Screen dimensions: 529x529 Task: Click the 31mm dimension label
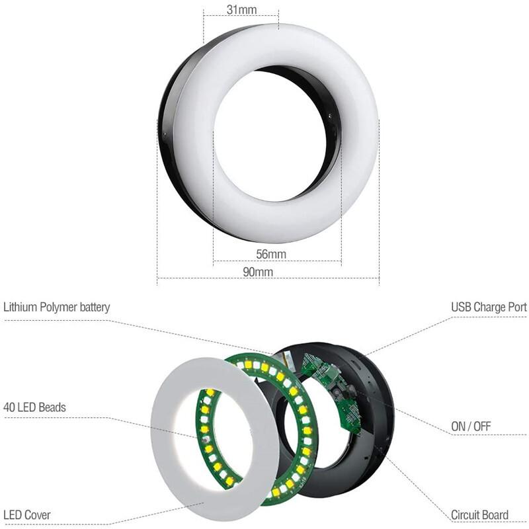(x=241, y=9)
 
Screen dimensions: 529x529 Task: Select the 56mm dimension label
(x=270, y=255)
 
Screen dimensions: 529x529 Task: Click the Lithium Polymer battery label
(x=57, y=307)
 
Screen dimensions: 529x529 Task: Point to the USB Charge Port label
(x=489, y=307)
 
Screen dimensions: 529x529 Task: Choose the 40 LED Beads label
(x=35, y=407)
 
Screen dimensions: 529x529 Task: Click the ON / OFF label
(x=471, y=427)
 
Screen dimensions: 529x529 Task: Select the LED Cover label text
(x=27, y=514)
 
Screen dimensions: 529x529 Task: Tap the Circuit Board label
(x=479, y=514)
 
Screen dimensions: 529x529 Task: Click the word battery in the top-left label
(x=93, y=307)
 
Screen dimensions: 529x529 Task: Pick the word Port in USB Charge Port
(x=515, y=307)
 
